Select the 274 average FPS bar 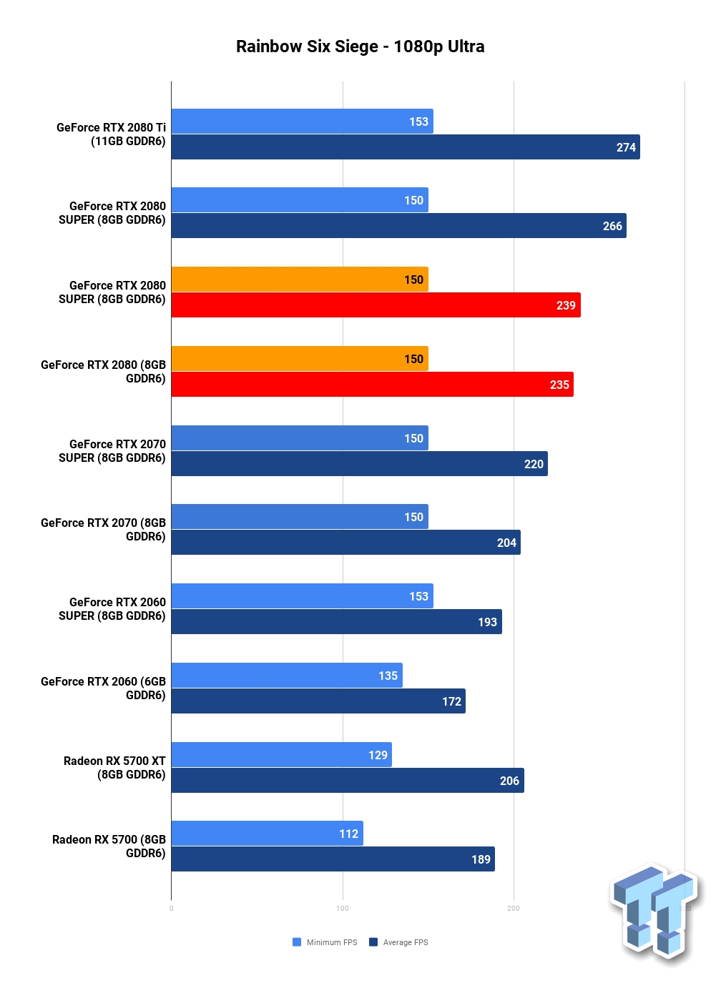(x=406, y=147)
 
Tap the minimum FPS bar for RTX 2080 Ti (x=302, y=121)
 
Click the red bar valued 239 (x=376, y=305)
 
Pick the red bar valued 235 (x=373, y=385)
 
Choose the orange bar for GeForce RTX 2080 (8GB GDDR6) (x=300, y=359)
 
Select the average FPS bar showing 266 (x=398, y=226)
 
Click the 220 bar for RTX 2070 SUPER (x=359, y=463)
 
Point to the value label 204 (x=506, y=543)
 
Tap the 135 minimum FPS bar (x=287, y=675)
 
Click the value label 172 (x=451, y=701)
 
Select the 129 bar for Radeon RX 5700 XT (x=282, y=754)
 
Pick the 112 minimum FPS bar (x=267, y=833)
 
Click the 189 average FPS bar (x=333, y=859)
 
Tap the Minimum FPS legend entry (x=325, y=942)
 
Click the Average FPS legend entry (x=398, y=942)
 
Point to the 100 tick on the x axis (x=343, y=909)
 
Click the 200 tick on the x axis (x=514, y=909)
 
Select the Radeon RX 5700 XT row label (x=114, y=768)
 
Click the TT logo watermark (x=655, y=913)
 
